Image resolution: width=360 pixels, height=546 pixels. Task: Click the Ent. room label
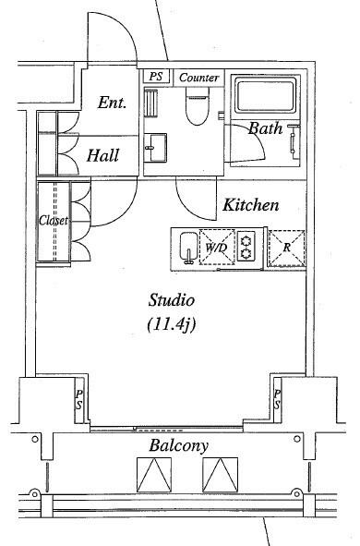coord(112,103)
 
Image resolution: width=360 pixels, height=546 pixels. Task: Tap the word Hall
coord(103,155)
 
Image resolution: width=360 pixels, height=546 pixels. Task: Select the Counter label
coord(199,78)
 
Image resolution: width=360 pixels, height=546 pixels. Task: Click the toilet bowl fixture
coord(198,106)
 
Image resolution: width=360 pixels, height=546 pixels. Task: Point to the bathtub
coord(266,95)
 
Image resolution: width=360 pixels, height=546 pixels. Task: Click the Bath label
coord(265,128)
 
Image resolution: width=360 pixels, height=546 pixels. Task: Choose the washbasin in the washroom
coord(155,148)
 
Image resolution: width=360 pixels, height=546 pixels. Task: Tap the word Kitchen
coord(250,205)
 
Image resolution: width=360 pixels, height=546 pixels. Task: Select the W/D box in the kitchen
coord(218,248)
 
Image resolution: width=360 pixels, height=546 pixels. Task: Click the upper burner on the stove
coord(246,240)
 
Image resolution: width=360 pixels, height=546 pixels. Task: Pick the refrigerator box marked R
coord(286,248)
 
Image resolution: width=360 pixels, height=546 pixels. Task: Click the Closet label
coord(54,220)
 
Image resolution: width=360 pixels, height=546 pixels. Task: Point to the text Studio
coord(171,300)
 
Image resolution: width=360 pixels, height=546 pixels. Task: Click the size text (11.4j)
coord(171,324)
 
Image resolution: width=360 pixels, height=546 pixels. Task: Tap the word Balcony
coord(179,445)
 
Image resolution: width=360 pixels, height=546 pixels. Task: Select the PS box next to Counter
coord(156,77)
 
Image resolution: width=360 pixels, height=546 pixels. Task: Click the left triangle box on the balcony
coord(154,475)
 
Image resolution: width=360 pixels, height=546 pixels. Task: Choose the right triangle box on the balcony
coord(221,475)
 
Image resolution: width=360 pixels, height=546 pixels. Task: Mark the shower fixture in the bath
coord(294,140)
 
